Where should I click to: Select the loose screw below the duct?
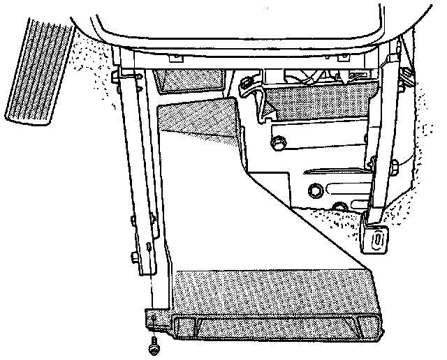click(x=153, y=345)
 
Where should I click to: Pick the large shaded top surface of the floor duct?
click(x=272, y=290)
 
